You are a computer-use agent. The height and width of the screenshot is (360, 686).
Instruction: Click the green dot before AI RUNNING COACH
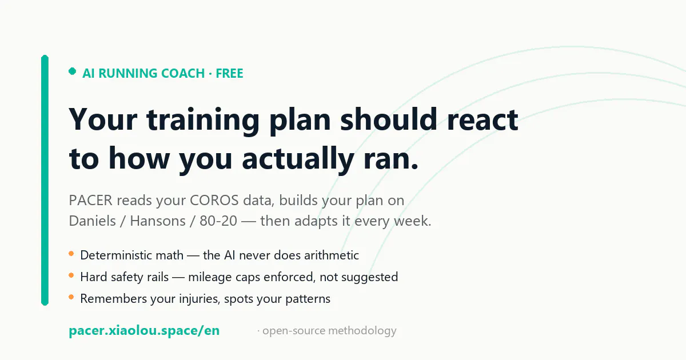tap(72, 71)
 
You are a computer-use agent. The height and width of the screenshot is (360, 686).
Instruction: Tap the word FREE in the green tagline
tap(229, 74)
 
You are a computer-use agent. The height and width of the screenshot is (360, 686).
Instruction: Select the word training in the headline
tap(203, 121)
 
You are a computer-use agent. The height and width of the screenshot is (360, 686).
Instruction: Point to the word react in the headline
tap(482, 121)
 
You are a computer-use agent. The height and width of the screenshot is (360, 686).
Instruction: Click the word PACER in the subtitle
tap(91, 201)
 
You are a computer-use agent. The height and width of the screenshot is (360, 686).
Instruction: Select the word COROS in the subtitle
tap(214, 201)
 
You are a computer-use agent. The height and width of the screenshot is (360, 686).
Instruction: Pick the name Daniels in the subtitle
tap(92, 221)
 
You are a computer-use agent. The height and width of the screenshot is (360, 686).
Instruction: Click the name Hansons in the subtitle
tap(158, 221)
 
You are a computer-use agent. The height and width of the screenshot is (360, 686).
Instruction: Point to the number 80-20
tap(218, 221)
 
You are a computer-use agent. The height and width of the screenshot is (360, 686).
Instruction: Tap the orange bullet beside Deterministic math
tap(71, 254)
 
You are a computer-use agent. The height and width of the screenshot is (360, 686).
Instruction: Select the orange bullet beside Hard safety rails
tap(71, 275)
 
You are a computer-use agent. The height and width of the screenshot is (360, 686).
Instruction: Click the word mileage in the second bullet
tap(210, 278)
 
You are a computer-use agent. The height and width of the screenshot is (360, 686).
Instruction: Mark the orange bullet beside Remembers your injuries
tap(71, 297)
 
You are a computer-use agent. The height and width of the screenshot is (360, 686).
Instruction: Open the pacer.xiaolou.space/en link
tap(144, 331)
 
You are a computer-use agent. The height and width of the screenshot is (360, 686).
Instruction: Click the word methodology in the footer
tap(362, 331)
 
